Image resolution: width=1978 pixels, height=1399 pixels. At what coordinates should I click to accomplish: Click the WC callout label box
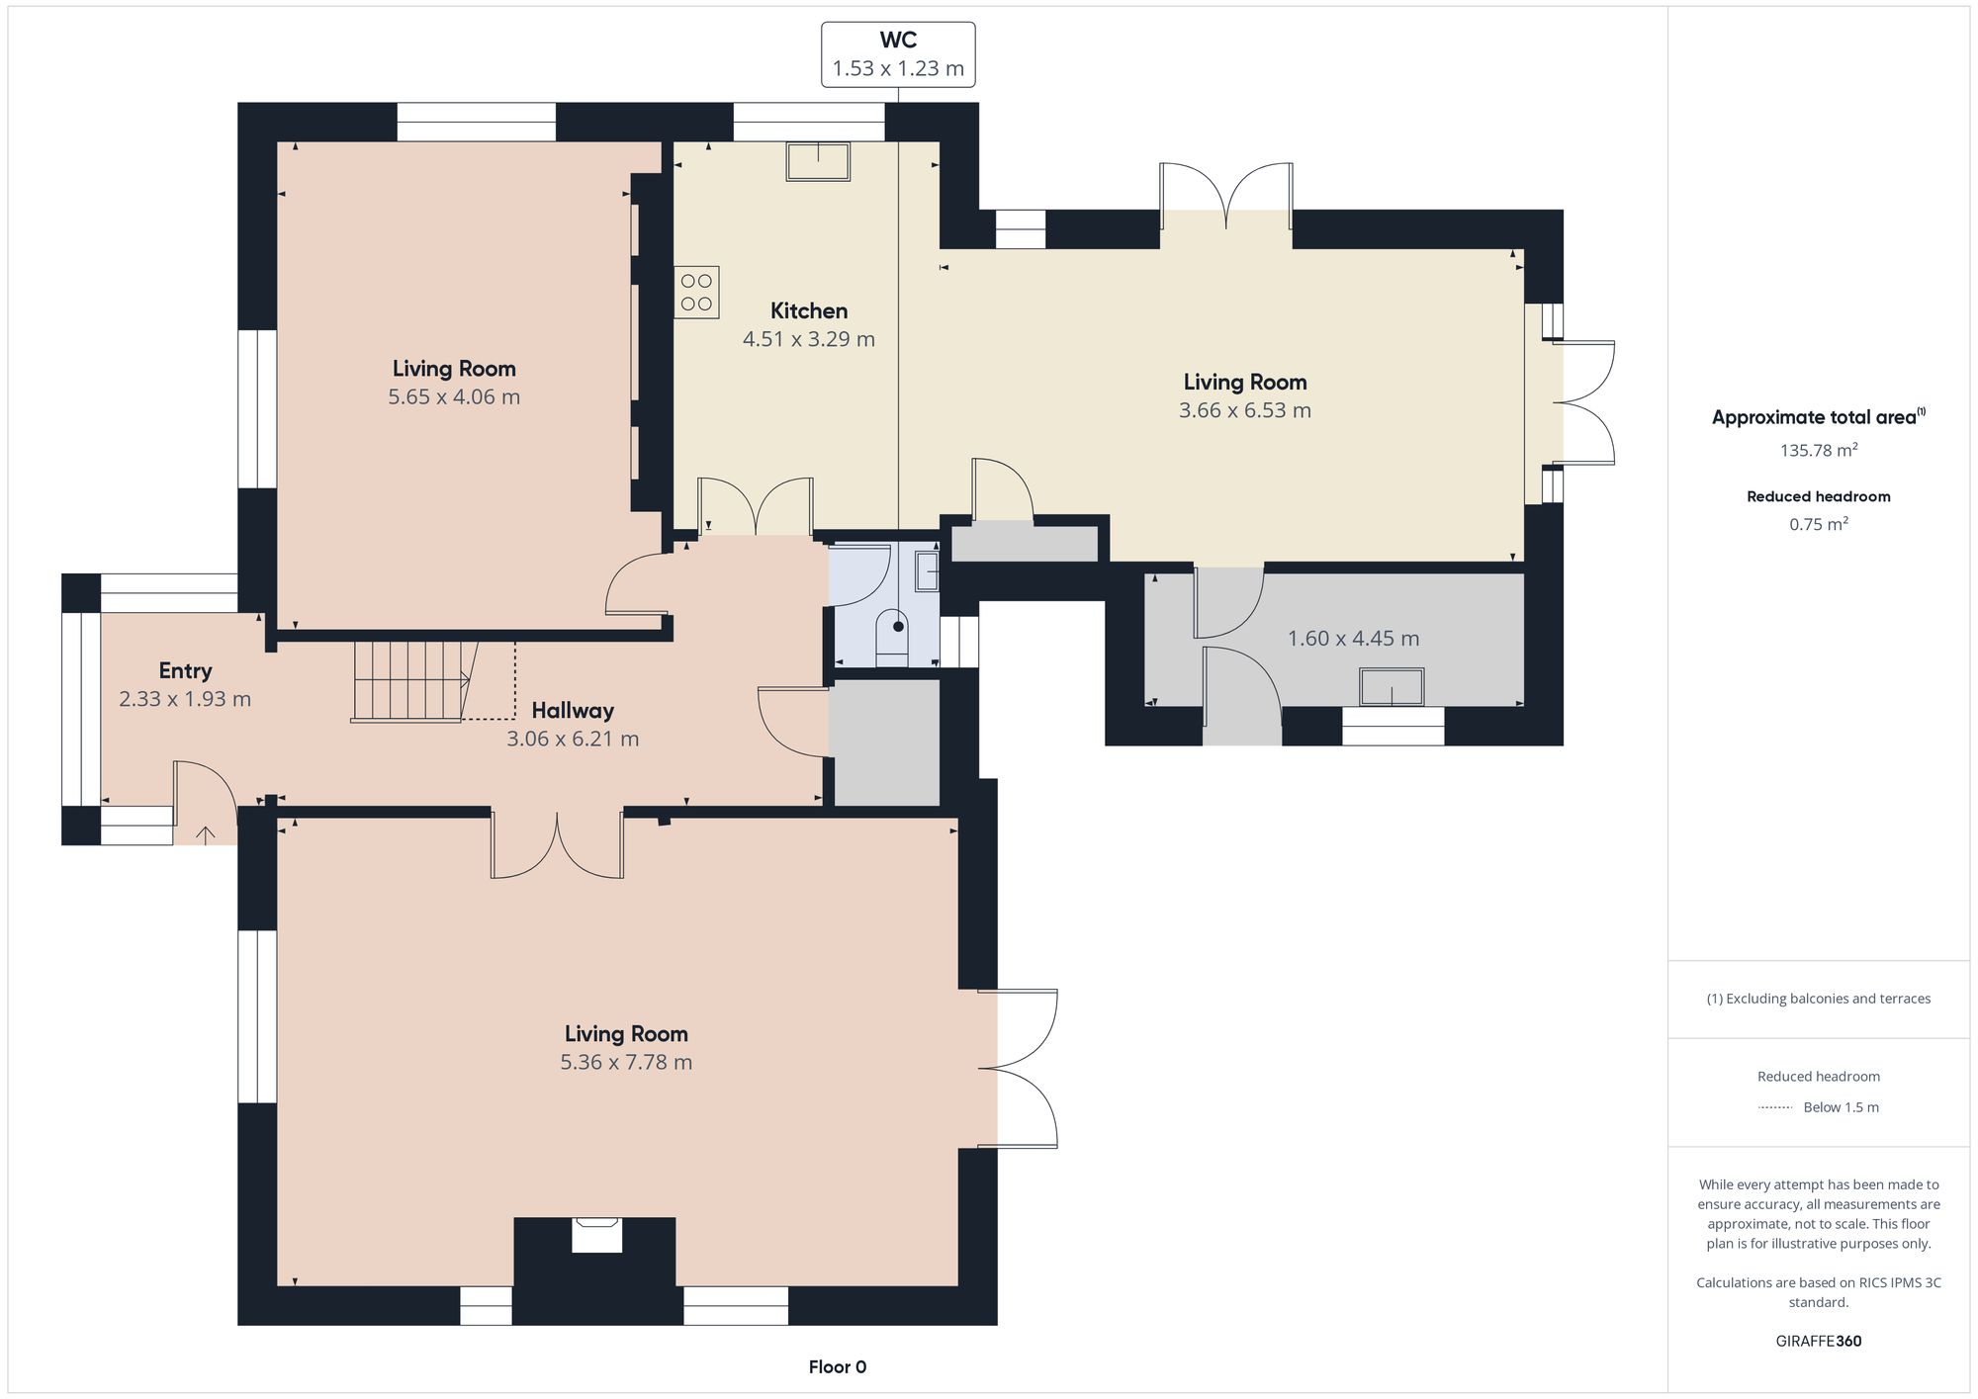[x=898, y=54]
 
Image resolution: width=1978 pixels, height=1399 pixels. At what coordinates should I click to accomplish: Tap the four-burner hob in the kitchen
[x=696, y=293]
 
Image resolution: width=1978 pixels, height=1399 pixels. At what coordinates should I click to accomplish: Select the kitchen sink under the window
[x=818, y=161]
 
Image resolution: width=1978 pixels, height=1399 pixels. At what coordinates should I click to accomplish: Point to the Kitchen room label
[x=808, y=310]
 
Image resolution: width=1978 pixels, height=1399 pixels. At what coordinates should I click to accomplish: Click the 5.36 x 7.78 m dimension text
[x=625, y=1062]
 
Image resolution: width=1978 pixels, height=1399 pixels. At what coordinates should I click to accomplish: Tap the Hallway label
[x=573, y=710]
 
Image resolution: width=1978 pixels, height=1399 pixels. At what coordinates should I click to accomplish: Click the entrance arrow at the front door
[x=205, y=835]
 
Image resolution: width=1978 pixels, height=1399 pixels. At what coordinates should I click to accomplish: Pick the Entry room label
[x=185, y=670]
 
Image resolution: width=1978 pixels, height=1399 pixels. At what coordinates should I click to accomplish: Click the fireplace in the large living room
[x=596, y=1237]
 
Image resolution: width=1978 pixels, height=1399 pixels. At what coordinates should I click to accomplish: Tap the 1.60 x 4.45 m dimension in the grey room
[x=1353, y=639]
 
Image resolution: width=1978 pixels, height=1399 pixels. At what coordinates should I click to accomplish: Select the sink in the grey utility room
[x=1392, y=687]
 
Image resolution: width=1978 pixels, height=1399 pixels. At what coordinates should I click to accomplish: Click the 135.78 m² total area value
[x=1818, y=450]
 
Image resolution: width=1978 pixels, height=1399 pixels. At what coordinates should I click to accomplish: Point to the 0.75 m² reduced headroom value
[x=1818, y=524]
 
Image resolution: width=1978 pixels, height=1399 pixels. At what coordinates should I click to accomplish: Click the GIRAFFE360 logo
[x=1818, y=1342]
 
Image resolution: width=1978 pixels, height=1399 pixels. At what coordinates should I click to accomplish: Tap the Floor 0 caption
[x=837, y=1367]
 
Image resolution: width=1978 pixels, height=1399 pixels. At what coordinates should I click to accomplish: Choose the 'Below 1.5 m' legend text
[x=1841, y=1107]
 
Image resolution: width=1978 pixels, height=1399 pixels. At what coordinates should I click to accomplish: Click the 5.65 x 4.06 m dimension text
[x=454, y=396]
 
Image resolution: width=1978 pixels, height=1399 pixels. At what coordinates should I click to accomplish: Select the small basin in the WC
[x=927, y=571]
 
